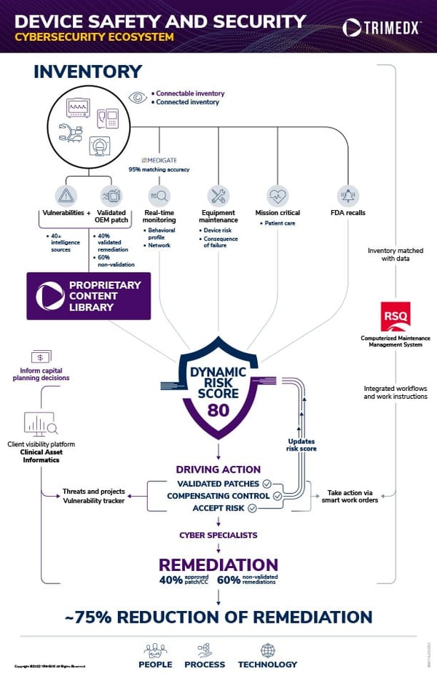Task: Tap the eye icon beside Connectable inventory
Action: point(138,97)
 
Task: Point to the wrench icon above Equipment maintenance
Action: point(219,195)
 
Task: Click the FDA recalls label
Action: point(348,212)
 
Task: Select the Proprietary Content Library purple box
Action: point(88,296)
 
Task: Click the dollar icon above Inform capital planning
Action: point(41,357)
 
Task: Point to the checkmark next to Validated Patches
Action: point(267,483)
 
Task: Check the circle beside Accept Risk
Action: point(252,508)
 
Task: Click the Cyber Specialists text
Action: point(218,535)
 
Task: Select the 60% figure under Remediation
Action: point(230,580)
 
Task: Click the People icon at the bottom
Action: point(155,649)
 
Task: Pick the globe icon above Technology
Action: point(267,649)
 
